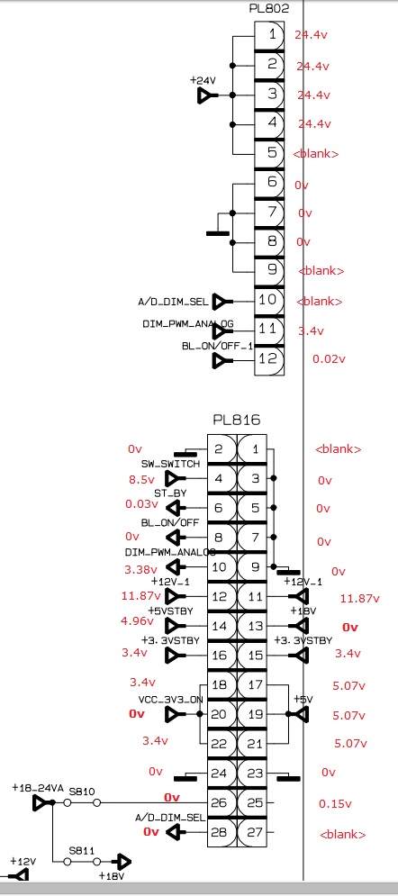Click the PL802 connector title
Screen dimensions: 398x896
pos(269,9)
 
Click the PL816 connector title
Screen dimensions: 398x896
pos(237,420)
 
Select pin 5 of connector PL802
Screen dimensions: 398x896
pos(269,153)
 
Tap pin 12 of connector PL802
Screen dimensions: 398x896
pos(269,359)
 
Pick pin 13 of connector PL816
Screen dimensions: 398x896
pos(251,626)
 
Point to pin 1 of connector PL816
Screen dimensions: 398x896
pos(251,449)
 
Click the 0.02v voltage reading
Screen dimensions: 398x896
pos(330,359)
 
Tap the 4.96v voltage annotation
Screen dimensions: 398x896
pos(138,621)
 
